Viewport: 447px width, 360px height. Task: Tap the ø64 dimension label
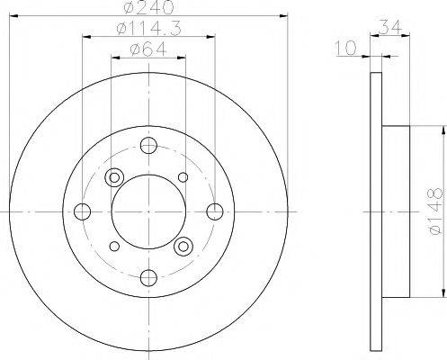point(148,50)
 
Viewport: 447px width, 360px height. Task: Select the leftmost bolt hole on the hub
point(83,211)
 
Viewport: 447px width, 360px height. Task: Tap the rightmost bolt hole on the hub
point(214,211)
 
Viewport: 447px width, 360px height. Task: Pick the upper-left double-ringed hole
point(114,177)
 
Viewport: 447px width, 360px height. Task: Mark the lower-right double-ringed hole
point(183,245)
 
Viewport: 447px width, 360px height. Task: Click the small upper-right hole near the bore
point(183,177)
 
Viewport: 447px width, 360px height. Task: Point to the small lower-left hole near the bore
point(114,246)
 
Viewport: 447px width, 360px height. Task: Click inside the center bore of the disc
point(148,211)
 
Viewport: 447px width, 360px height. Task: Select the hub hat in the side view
point(396,211)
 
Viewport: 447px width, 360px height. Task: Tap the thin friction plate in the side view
point(375,211)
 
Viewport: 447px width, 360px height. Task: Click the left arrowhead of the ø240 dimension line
point(14,14)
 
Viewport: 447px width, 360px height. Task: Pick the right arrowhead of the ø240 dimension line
point(282,14)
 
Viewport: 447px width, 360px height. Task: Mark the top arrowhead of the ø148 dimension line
point(442,131)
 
